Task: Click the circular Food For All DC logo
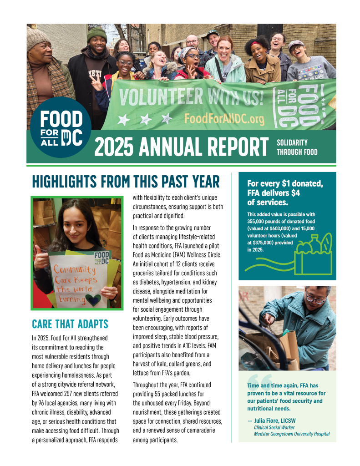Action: tap(56, 128)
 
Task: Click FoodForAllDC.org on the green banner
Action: tap(224, 119)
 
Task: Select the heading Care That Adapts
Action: tap(70, 324)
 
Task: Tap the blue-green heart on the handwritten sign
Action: tap(95, 299)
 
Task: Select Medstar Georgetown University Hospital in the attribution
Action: tap(292, 434)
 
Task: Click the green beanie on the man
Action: tap(96, 34)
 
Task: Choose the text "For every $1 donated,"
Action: tap(285, 184)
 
